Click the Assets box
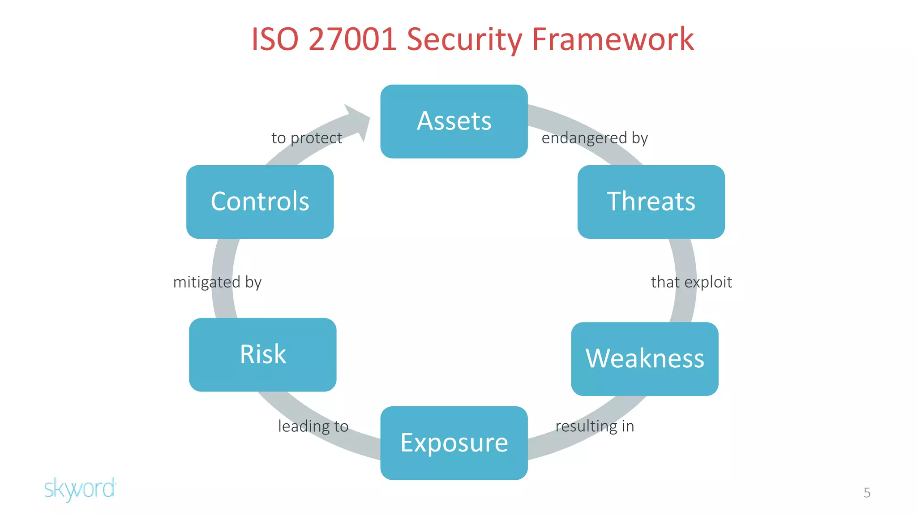[454, 121]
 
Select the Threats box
[651, 202]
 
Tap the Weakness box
[644, 359]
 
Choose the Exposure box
[454, 443]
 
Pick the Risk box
[262, 355]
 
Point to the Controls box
[260, 202]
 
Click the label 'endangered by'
[595, 138]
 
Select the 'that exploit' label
[691, 282]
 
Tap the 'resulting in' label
[595, 426]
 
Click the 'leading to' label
[313, 426]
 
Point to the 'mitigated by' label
[217, 282]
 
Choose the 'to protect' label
[307, 138]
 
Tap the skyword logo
[80, 489]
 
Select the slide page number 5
[867, 493]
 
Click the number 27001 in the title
[352, 39]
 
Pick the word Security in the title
[464, 39]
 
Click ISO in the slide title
[274, 39]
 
